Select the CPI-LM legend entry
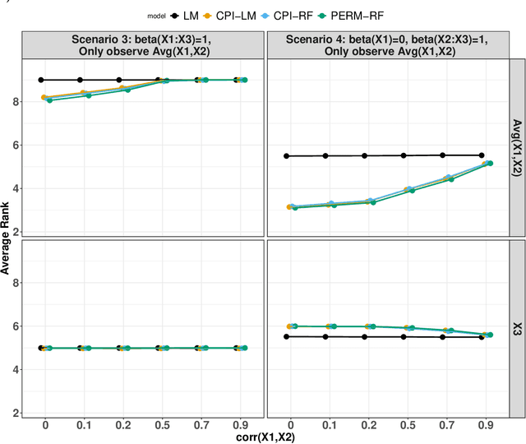pyautogui.click(x=242, y=15)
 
